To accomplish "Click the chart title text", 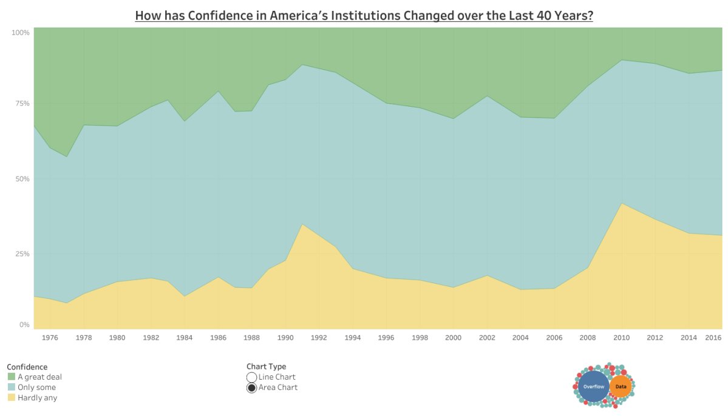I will click(x=364, y=15).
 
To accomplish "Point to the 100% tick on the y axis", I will click(x=21, y=32).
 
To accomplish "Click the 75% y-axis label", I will click(x=22, y=104).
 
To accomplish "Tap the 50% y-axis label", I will click(x=22, y=179).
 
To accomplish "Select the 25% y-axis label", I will click(x=22, y=253).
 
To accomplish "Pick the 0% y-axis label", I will click(x=24, y=325).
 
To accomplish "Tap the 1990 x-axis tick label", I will click(x=285, y=338).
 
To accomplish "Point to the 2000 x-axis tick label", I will click(x=453, y=338).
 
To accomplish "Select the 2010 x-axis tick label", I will click(x=621, y=338).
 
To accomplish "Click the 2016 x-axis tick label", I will click(x=713, y=338).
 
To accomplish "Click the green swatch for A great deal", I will click(x=11, y=377).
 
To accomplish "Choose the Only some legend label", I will click(x=36, y=387).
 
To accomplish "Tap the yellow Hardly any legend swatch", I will click(x=11, y=398).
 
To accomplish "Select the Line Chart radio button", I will click(x=251, y=377).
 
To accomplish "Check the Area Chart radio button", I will click(x=251, y=388).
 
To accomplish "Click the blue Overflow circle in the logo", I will click(x=593, y=386).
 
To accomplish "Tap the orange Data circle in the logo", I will click(x=621, y=386).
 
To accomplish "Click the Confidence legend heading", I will click(x=27, y=367).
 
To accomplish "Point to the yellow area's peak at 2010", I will click(x=621, y=204).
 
